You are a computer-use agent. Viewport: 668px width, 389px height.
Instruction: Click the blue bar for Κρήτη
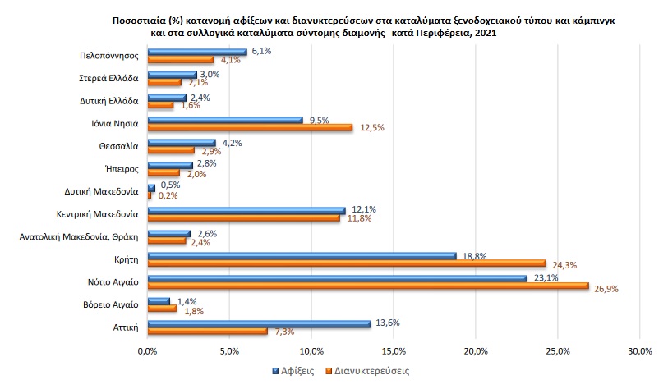[302, 255]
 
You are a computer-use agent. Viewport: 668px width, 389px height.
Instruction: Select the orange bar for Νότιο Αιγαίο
[368, 286]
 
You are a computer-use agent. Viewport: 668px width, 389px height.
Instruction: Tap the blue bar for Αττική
[259, 323]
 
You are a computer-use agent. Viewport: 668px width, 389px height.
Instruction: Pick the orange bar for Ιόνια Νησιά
[250, 126]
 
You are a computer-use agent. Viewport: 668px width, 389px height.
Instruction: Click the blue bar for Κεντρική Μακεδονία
[246, 209]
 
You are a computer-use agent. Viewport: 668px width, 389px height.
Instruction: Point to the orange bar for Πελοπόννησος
[181, 59]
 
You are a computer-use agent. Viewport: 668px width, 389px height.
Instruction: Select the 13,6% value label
[388, 323]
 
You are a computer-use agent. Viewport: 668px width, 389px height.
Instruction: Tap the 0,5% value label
[170, 185]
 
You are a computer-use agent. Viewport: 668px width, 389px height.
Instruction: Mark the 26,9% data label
[606, 288]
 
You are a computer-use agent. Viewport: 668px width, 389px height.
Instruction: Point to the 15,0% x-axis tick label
[394, 351]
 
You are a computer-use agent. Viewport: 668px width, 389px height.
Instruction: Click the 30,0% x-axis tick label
[639, 351]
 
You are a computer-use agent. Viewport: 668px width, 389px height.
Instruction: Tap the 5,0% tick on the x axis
[229, 351]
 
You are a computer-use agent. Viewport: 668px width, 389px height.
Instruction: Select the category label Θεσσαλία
[119, 146]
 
